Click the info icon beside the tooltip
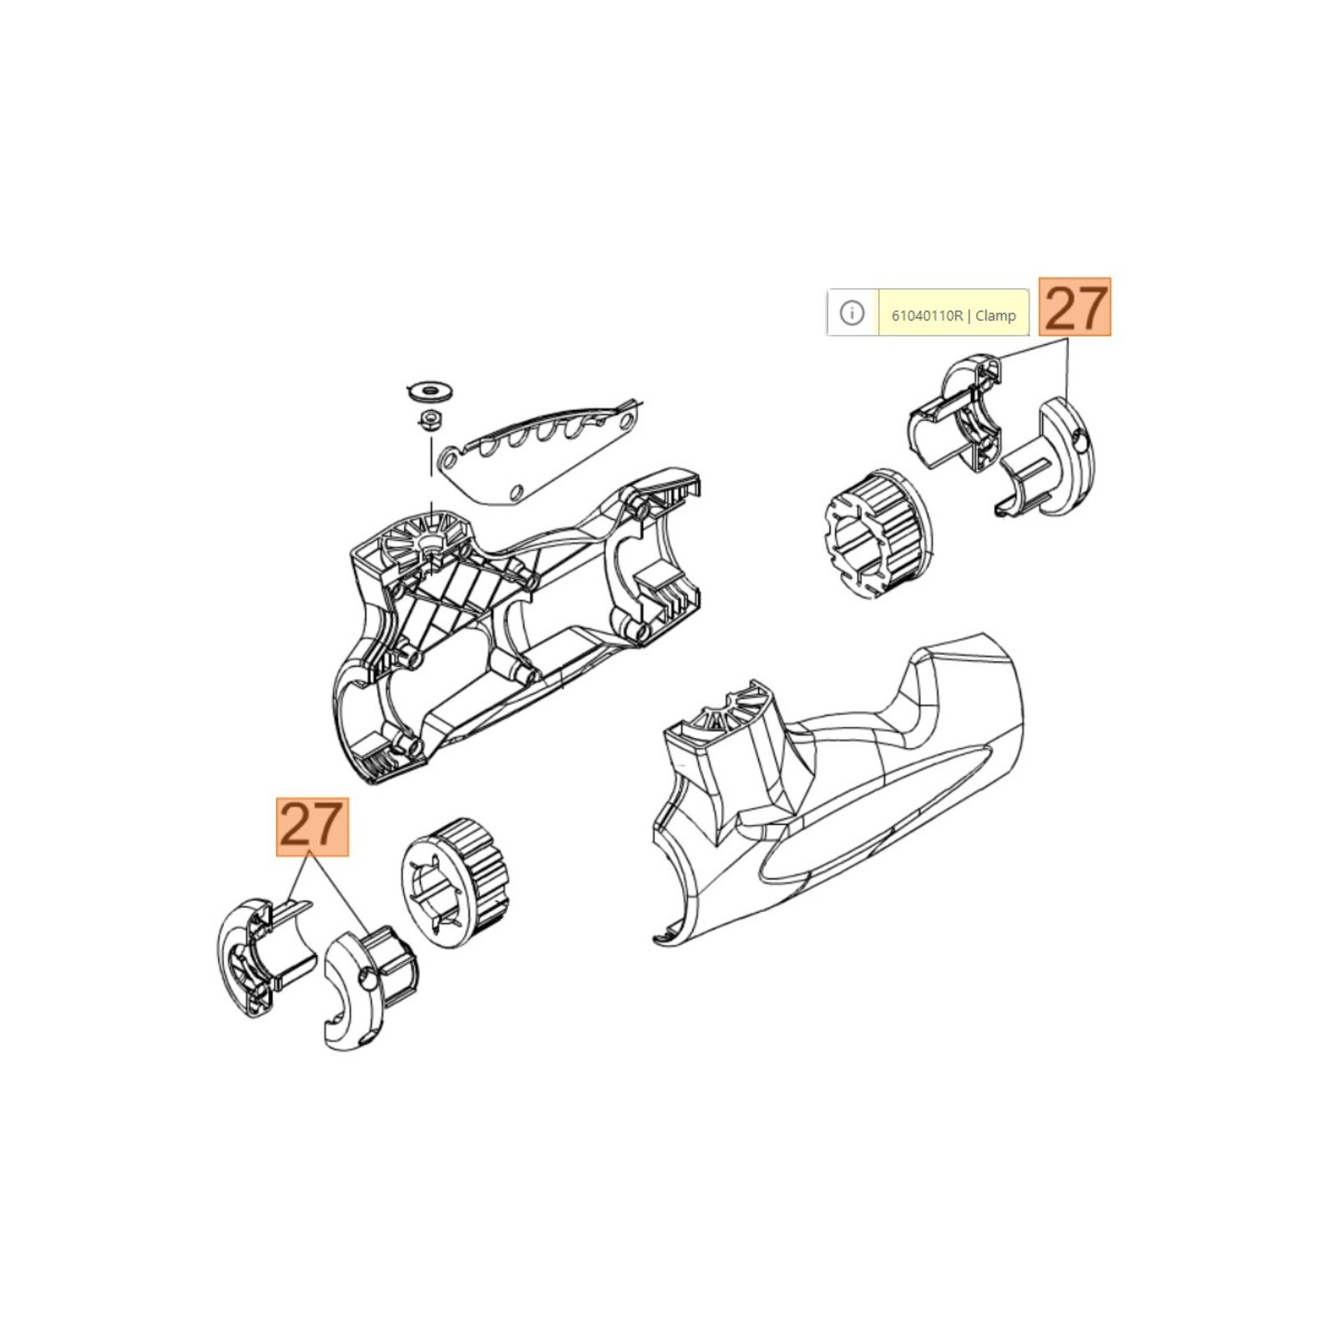(852, 314)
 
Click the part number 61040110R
(927, 316)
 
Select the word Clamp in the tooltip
(995, 316)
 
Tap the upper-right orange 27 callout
(1075, 306)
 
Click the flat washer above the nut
(430, 387)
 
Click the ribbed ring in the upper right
(878, 534)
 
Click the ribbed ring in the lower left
(455, 883)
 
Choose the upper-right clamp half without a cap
(956, 416)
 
